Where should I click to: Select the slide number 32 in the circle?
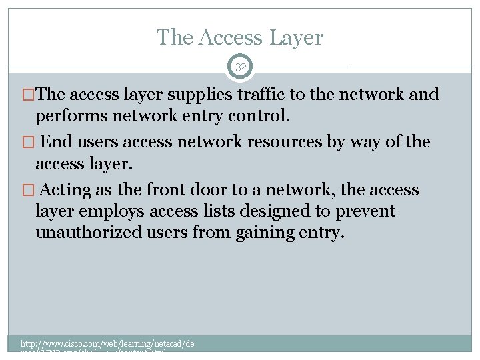pyautogui.click(x=241, y=67)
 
